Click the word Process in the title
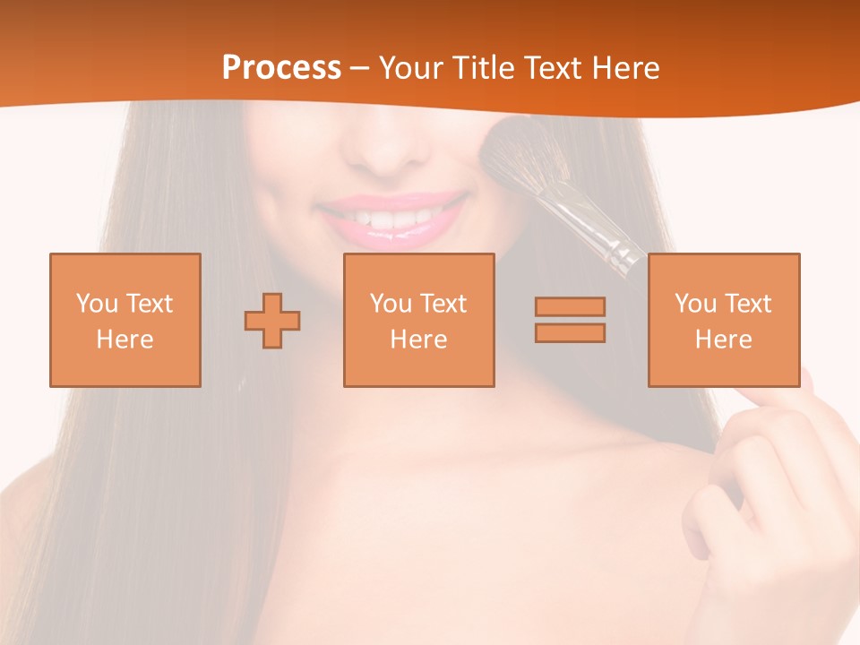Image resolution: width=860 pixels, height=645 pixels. click(281, 67)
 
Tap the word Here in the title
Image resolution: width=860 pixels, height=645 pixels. click(625, 67)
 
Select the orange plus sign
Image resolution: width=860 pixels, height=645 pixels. click(272, 321)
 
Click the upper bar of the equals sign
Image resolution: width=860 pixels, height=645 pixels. click(570, 307)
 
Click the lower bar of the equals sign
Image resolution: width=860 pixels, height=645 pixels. click(570, 332)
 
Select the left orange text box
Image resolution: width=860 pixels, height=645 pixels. click(125, 321)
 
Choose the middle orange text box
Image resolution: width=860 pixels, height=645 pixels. click(418, 321)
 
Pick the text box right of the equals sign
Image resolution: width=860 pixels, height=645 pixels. click(723, 321)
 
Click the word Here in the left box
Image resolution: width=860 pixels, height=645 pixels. click(125, 340)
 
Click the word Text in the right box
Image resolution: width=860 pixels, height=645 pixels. click(749, 304)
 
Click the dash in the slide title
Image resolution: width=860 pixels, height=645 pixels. click(360, 68)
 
